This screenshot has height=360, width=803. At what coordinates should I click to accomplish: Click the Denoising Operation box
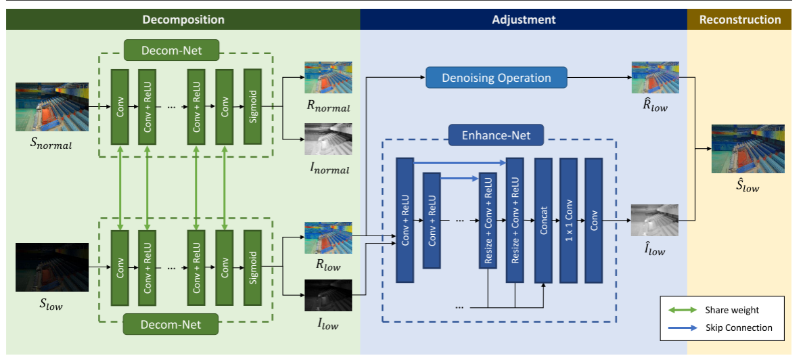[497, 78]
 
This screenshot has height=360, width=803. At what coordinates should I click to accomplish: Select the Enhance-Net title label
[497, 136]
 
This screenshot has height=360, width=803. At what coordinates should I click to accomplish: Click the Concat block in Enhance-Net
[543, 220]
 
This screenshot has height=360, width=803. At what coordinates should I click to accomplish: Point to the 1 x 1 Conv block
[568, 220]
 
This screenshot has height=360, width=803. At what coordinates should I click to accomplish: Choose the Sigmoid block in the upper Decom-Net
[252, 106]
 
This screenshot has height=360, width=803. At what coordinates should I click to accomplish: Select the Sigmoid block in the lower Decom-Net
[252, 267]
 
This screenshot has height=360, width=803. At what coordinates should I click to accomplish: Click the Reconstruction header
[740, 20]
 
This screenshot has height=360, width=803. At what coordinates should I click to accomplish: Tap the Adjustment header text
[524, 20]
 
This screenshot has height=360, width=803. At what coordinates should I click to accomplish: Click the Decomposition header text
[183, 20]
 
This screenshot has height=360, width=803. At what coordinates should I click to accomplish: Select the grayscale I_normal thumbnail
[328, 139]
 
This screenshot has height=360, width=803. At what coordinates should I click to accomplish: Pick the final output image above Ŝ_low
[748, 148]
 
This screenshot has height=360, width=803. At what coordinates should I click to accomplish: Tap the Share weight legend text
[732, 310]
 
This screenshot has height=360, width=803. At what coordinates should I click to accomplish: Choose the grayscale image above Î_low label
[655, 220]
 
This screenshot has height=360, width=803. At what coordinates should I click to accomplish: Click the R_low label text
[328, 266]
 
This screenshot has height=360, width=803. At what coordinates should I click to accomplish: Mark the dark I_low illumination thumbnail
[328, 296]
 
